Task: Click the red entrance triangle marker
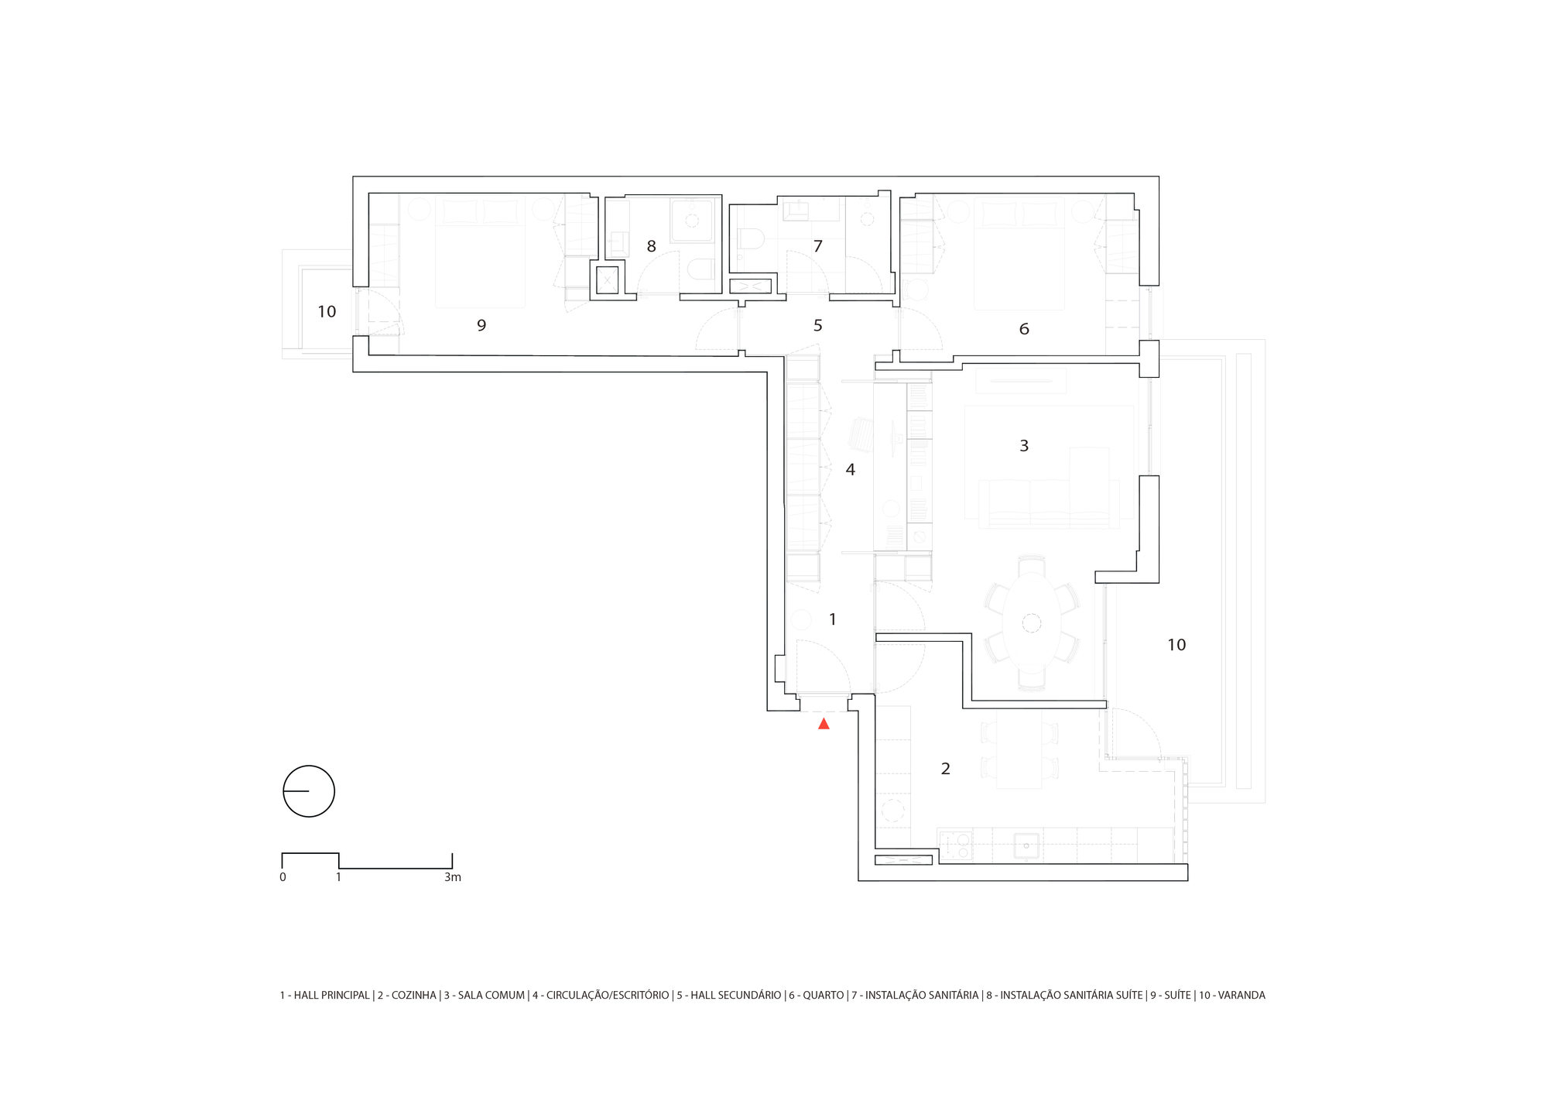pos(824,724)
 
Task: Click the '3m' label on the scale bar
pos(453,877)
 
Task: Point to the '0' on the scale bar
pos(283,877)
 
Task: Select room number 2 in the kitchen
pos(945,769)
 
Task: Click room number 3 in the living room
pos(1024,446)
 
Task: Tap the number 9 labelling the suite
pos(481,325)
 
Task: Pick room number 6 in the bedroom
pos(1024,329)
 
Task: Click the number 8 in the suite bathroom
pos(651,246)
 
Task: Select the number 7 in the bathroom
pos(817,246)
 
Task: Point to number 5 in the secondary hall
pos(817,325)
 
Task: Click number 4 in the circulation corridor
pos(850,469)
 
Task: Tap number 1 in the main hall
pos(832,619)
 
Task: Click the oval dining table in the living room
pos(1032,623)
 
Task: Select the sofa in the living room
pos(1049,504)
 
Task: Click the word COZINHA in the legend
pos(414,996)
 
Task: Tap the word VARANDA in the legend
pos(1241,996)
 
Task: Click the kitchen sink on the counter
pos(1027,845)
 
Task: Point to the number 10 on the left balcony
pos(327,312)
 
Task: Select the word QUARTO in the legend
pos(824,996)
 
